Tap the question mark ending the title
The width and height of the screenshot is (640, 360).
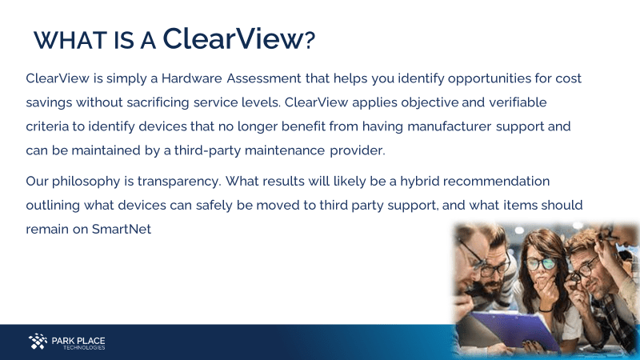[310, 40]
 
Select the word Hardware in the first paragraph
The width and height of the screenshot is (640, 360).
[192, 78]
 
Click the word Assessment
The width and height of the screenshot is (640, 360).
[264, 78]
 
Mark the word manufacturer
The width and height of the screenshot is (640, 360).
[449, 126]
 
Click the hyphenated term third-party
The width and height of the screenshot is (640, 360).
[207, 151]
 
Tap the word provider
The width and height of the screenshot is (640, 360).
[357, 151]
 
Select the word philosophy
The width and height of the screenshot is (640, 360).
[86, 182]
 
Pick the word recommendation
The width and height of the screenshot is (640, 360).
[496, 181]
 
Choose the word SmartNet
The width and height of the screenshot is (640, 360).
[122, 229]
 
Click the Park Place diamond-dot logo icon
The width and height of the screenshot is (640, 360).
[38, 342]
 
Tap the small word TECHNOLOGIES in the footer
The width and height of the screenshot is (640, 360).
[84, 348]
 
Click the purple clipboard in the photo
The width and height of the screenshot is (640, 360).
[518, 329]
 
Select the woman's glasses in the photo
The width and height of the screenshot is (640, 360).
[539, 264]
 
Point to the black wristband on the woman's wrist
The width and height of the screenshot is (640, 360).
[546, 310]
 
